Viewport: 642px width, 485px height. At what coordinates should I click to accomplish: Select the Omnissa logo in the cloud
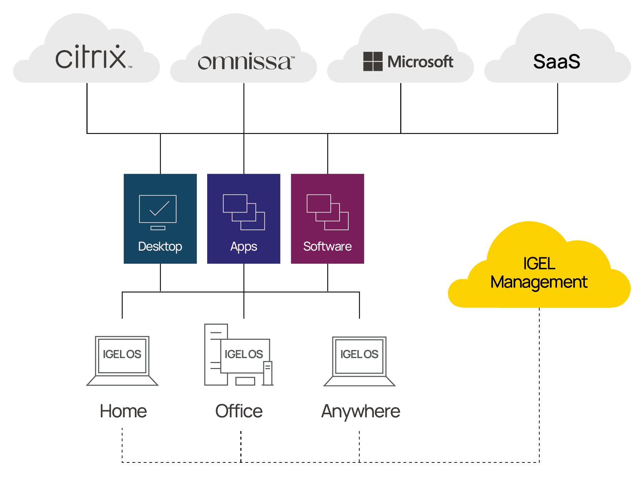click(246, 62)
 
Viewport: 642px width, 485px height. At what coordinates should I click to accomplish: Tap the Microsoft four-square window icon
click(373, 61)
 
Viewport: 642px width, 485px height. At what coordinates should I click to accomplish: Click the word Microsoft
click(420, 62)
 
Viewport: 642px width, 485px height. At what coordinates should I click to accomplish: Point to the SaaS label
click(557, 61)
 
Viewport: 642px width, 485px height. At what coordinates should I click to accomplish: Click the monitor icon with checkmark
click(158, 213)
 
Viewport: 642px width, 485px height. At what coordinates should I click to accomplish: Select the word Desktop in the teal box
click(160, 246)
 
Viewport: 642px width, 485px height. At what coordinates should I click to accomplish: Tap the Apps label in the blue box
click(244, 247)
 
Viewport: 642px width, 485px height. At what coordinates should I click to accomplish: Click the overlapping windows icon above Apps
click(244, 212)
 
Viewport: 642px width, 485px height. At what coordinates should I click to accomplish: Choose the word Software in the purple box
click(328, 246)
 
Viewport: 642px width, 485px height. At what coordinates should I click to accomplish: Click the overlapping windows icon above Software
click(328, 212)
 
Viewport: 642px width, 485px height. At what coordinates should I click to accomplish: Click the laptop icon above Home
click(122, 361)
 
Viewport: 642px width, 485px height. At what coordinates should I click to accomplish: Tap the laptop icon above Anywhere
click(359, 361)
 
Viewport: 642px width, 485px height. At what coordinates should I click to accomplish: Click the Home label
click(123, 411)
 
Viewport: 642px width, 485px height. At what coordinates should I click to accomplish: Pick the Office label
click(239, 411)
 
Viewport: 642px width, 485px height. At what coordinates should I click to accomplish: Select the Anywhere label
click(361, 412)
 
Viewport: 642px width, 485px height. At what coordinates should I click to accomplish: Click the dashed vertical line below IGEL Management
click(539, 385)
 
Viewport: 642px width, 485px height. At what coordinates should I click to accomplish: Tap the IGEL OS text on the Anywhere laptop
click(359, 354)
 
